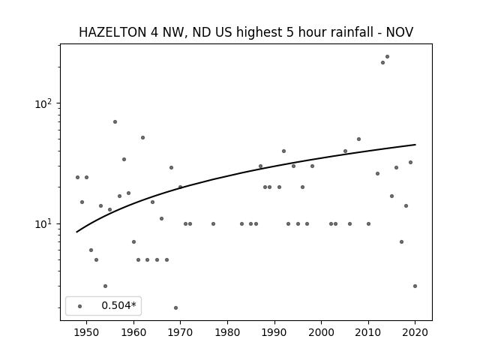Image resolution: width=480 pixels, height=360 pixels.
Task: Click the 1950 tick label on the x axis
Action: pos(86,332)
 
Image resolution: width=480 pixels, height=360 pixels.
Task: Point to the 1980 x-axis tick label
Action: pos(227,332)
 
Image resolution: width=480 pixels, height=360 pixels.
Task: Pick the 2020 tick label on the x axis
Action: pos(415,332)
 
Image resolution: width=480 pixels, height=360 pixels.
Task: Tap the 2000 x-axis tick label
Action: pos(321,332)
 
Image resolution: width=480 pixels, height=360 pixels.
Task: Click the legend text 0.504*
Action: pos(118,305)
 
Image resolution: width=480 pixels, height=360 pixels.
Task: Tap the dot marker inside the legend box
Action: pos(80,306)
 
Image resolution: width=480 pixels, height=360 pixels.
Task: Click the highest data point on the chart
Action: pos(387,57)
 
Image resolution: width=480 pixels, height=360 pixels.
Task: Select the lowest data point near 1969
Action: pos(175,307)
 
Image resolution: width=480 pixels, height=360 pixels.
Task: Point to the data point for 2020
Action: pos(415,286)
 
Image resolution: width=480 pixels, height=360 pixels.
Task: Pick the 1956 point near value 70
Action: pos(115,121)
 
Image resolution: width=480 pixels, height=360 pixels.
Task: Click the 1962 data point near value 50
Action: pos(142,138)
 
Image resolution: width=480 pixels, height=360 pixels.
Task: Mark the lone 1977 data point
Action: pos(213,223)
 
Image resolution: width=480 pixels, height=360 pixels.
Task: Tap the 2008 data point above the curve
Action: pos(358,139)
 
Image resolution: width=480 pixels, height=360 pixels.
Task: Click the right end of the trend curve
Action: pos(415,145)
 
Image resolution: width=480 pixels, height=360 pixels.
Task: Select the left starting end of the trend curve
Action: pos(76,232)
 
